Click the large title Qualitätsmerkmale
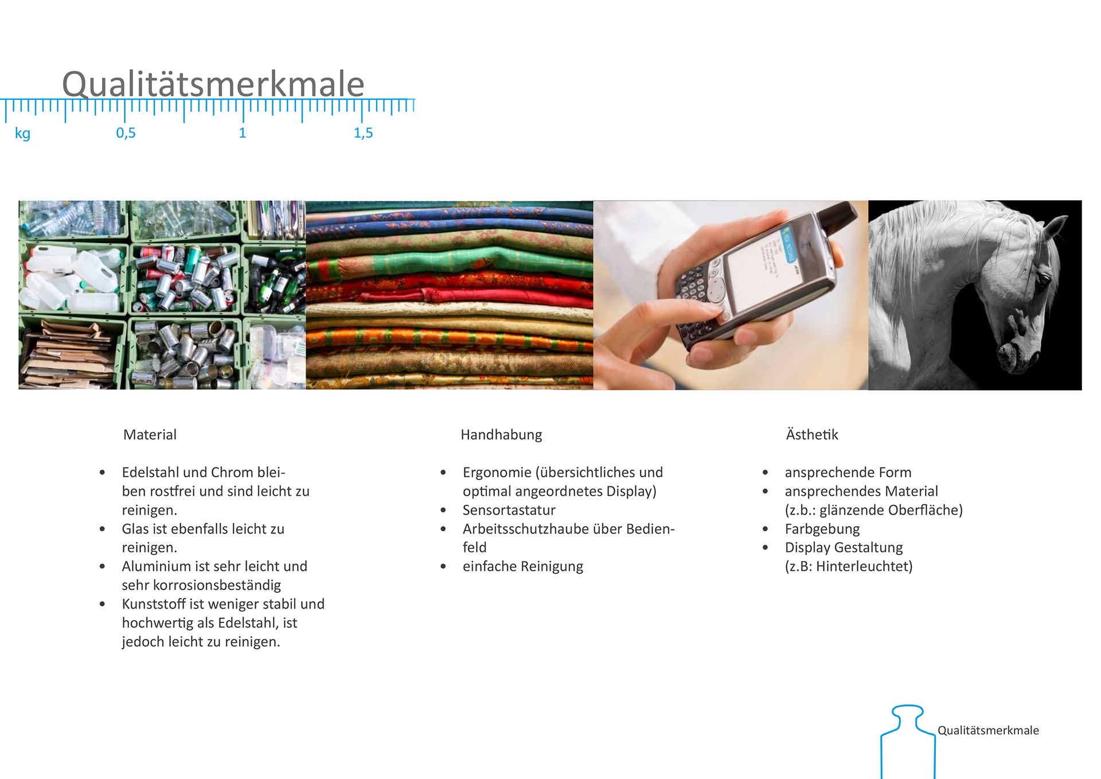[x=213, y=84]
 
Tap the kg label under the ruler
[x=22, y=134]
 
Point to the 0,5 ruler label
[x=126, y=133]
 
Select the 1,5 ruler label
[x=363, y=133]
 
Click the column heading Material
[x=150, y=435]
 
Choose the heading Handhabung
[x=501, y=435]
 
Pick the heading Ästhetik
[x=812, y=434]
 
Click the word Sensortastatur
[x=509, y=510]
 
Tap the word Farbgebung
[x=822, y=529]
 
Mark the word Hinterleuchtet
[x=861, y=566]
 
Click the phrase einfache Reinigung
[x=523, y=567]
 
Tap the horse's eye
[x=1043, y=279]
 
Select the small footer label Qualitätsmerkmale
[x=988, y=730]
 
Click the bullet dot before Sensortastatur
[x=443, y=510]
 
